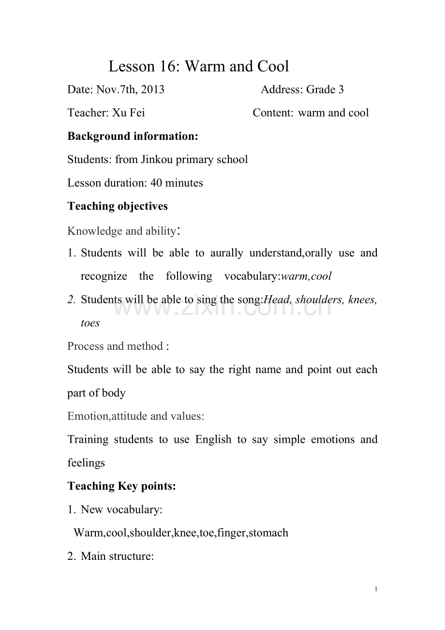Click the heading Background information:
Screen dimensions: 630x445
tap(133, 136)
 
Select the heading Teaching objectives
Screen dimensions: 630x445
tap(118, 206)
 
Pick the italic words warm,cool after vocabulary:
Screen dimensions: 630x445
tap(306, 276)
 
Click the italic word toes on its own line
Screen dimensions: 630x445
tap(90, 323)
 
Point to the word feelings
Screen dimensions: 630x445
tap(86, 463)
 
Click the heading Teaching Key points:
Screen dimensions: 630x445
tap(122, 486)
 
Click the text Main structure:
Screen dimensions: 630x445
tap(118, 556)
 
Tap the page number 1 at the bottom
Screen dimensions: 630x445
tap(376, 589)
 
